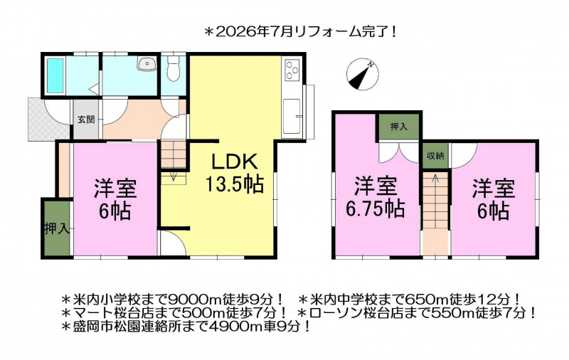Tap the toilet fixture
[x=174, y=69]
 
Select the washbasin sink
[x=147, y=65]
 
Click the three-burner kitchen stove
[x=292, y=69]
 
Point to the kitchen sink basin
[x=292, y=116]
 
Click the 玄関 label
[x=86, y=119]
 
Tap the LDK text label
[x=235, y=162]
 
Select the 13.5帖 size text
[x=235, y=184]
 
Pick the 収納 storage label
[x=435, y=156]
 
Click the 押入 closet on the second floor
[x=399, y=127]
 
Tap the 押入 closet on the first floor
[x=57, y=228]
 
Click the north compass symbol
[x=363, y=75]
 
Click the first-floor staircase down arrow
[x=174, y=176]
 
